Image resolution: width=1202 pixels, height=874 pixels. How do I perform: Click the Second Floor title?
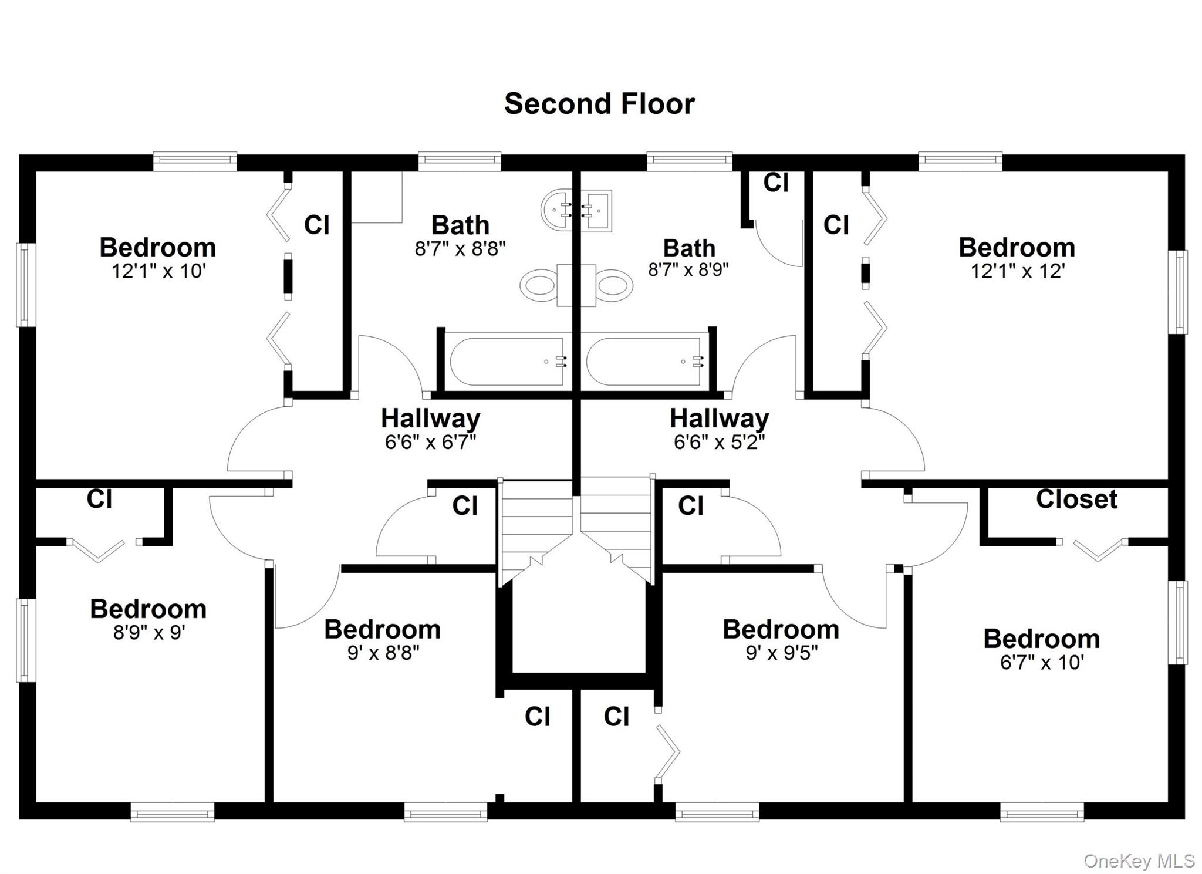[599, 104]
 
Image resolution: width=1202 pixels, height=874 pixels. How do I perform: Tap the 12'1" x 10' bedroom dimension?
[158, 272]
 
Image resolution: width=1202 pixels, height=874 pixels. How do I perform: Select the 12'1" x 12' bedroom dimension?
[1017, 272]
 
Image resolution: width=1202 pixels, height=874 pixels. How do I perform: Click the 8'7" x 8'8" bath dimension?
[460, 249]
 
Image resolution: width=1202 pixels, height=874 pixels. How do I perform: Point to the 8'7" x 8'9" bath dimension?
[688, 270]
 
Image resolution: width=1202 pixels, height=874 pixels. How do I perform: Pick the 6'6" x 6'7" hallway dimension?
[430, 442]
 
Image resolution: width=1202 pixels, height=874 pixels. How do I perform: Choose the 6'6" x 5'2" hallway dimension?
[719, 442]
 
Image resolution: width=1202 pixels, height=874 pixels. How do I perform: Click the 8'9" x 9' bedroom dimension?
[149, 633]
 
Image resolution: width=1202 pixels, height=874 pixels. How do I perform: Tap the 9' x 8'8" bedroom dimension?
[383, 653]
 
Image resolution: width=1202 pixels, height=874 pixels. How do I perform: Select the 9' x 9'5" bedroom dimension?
[781, 653]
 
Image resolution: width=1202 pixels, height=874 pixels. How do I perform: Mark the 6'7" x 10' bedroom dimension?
[1042, 663]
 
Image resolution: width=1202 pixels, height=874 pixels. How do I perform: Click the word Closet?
[1076, 500]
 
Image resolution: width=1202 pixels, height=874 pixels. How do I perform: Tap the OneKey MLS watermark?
[1139, 860]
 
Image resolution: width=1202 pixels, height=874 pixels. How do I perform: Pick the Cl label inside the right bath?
[775, 183]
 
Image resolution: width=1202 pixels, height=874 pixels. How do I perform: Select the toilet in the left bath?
[539, 286]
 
